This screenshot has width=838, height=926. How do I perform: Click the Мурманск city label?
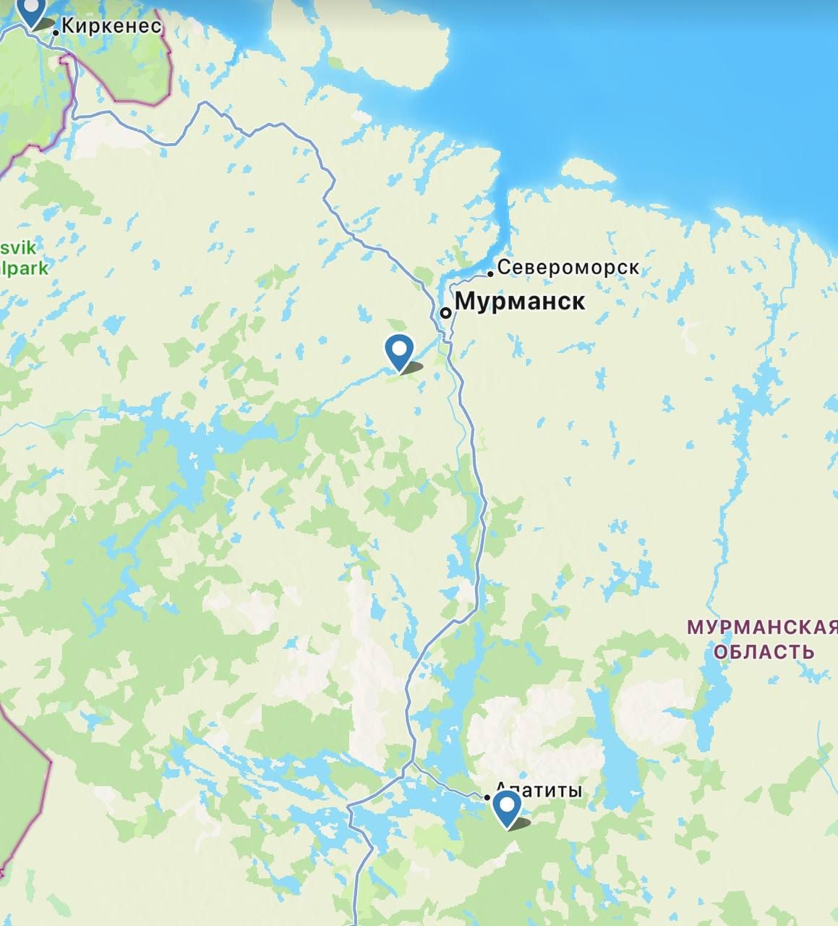(520, 301)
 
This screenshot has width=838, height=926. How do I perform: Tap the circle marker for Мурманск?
(446, 313)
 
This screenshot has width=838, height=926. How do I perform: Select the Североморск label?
(568, 268)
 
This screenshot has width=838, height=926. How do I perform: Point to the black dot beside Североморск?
(490, 273)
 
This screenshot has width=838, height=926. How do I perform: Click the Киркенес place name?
(111, 26)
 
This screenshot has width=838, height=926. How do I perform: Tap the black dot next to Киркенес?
(56, 33)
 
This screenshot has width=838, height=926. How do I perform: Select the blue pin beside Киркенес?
(31, 10)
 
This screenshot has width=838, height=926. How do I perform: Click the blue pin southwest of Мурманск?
(399, 351)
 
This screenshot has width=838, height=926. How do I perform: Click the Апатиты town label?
(539, 790)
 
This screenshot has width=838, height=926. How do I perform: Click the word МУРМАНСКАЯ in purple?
(761, 626)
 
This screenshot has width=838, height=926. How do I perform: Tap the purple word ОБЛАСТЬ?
(764, 652)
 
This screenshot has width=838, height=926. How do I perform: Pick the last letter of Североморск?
(634, 268)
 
